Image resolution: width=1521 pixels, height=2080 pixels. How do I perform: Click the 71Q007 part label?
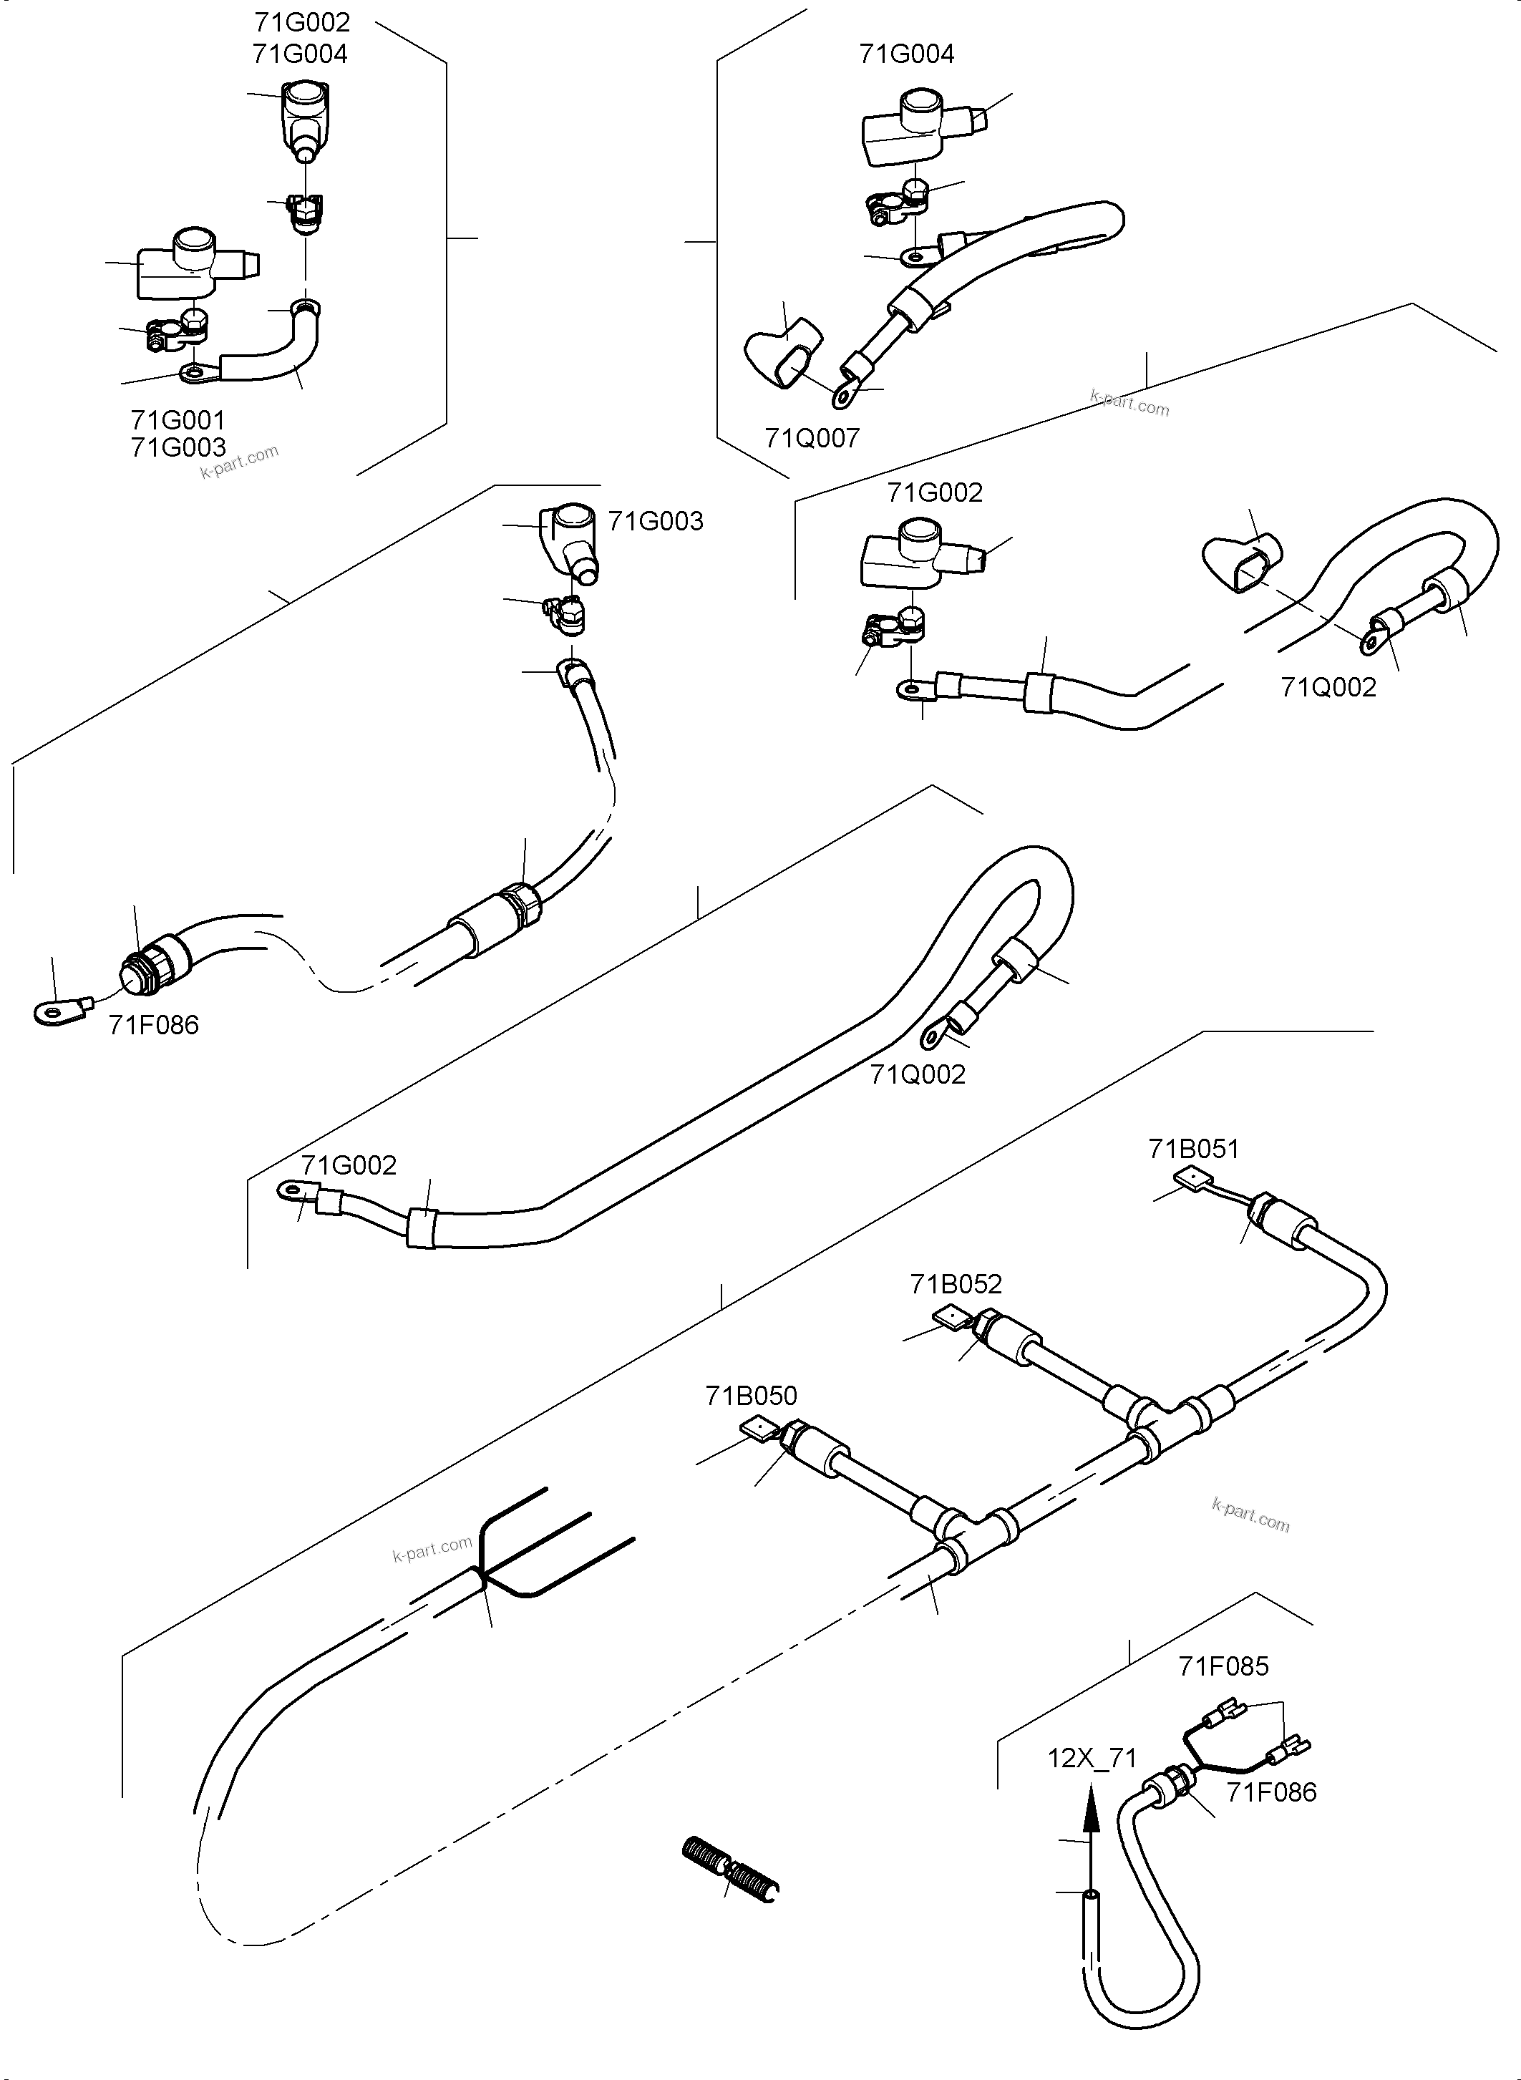(x=811, y=438)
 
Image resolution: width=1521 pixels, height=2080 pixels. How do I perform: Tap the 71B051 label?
(x=1193, y=1149)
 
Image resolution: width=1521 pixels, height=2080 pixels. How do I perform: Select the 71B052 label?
(x=956, y=1283)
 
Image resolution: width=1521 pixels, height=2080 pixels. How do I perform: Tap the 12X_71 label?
(x=1092, y=1759)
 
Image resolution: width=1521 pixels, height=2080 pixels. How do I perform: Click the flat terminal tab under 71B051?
(x=1192, y=1180)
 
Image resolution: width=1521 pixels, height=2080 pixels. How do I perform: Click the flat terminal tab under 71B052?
(x=949, y=1318)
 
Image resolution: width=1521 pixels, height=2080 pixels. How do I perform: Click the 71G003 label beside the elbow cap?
(x=656, y=521)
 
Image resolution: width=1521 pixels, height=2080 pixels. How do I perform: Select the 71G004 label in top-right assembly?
(x=906, y=54)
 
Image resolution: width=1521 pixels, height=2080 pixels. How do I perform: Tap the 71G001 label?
(x=178, y=421)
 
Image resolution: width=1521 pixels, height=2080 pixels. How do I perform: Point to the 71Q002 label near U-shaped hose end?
(x=1328, y=687)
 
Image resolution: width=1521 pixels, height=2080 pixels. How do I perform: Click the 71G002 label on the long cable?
(x=349, y=1166)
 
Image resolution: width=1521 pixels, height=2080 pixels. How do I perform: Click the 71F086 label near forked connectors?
(x=1270, y=1792)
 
